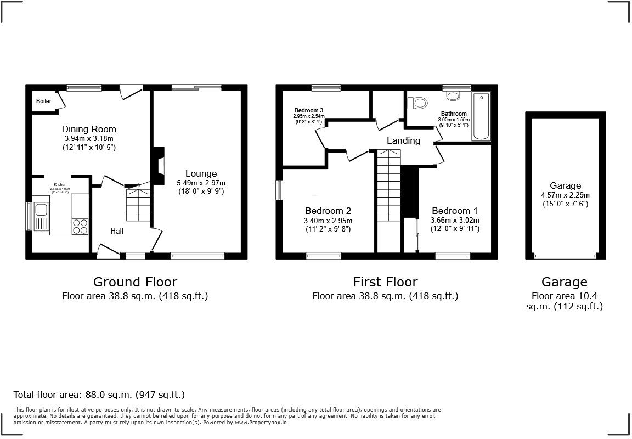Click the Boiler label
point(44,102)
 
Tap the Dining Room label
point(88,130)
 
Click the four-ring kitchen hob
point(80,226)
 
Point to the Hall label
point(116,231)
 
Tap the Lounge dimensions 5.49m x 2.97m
point(201,183)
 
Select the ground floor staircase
point(138,205)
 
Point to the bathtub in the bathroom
point(482,117)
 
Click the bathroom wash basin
point(454,96)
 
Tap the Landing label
point(403,140)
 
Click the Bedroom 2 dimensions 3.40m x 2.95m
point(328,221)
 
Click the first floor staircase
point(389,187)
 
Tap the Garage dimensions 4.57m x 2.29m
point(566,195)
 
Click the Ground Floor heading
point(135,282)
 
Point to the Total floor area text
point(99,395)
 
